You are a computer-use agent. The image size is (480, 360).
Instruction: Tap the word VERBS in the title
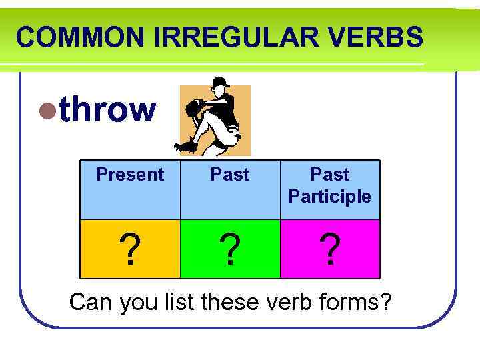(x=382, y=37)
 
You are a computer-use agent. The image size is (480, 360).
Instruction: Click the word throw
(x=107, y=110)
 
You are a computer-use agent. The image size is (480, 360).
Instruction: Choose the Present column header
(x=130, y=175)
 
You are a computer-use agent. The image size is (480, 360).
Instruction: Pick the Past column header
(x=230, y=175)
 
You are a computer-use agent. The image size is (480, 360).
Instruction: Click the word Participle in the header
(x=330, y=197)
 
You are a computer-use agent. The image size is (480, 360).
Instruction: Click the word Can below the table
(x=92, y=302)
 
